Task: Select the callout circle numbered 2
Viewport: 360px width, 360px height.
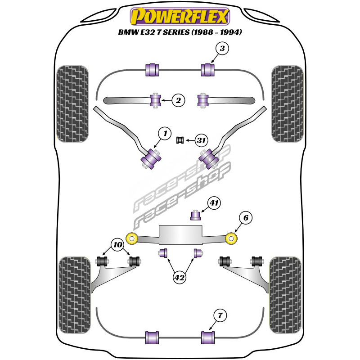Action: tap(179, 101)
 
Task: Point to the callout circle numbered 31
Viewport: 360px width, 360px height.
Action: tap(201, 141)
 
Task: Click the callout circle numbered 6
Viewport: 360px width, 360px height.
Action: tap(246, 218)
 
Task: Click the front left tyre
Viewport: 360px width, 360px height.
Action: tap(72, 103)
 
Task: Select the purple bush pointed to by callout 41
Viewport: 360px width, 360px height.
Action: tap(196, 216)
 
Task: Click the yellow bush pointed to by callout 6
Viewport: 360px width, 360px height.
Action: tap(231, 237)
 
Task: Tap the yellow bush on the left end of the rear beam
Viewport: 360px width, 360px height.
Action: tap(132, 237)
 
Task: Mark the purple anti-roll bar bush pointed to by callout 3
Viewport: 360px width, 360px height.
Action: tap(208, 70)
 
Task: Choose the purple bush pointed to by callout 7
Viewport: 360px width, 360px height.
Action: tap(208, 336)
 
